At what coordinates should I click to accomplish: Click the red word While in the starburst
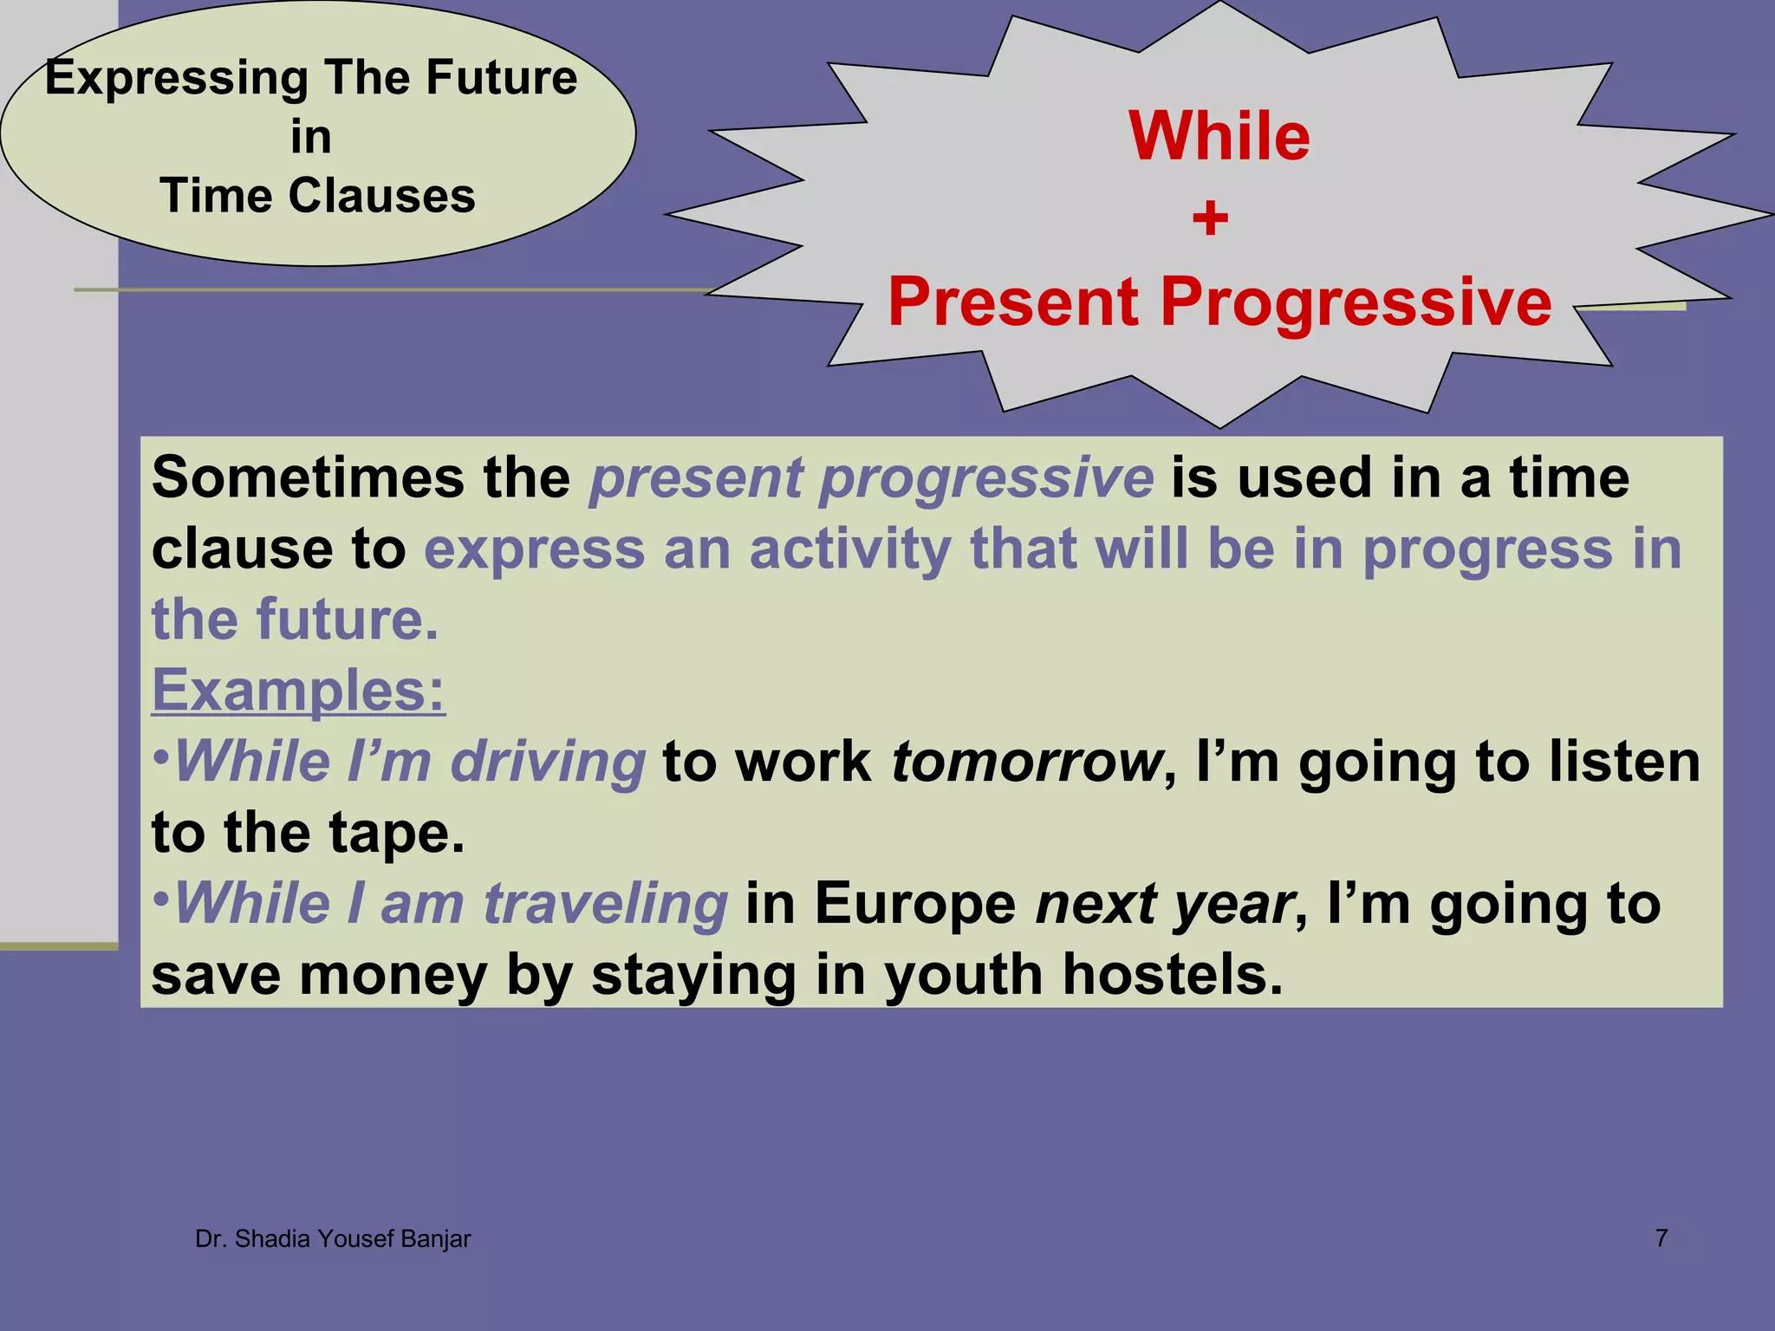1219,137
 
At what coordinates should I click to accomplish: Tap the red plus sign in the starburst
1210,218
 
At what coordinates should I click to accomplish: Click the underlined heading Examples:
298,691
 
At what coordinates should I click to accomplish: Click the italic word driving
548,763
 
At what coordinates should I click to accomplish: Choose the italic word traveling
605,905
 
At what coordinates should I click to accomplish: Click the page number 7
1661,1238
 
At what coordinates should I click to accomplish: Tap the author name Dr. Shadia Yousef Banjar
333,1239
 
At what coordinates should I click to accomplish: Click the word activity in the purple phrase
849,549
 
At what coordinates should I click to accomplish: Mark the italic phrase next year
1164,905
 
